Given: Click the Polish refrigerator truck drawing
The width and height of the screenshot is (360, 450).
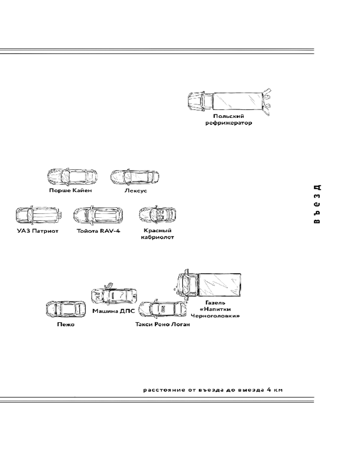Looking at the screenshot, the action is coord(229,101).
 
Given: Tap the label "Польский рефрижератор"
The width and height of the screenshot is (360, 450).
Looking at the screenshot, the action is coord(229,119).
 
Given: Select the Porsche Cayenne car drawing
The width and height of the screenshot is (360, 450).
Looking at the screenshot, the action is coord(72,177).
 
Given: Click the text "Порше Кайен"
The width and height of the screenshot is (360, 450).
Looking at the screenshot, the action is coord(70,190).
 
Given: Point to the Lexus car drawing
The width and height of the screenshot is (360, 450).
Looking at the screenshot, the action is coord(135,177).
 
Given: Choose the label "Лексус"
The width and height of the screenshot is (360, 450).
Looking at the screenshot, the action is coord(136,190).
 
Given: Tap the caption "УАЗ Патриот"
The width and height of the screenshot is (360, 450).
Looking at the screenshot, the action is coord(37,231).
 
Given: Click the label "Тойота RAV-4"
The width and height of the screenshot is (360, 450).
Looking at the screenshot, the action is coord(98,231).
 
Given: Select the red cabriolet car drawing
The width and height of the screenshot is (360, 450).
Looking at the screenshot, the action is coord(157,214).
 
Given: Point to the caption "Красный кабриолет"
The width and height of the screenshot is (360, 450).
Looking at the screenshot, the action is coord(157,234).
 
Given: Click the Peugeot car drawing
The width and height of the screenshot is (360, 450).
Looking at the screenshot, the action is coord(66,309).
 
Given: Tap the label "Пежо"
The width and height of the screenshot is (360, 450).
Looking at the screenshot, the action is coord(66,324).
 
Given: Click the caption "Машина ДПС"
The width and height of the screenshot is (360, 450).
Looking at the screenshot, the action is coord(113,311).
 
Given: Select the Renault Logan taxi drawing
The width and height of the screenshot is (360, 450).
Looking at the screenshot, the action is coord(162,309).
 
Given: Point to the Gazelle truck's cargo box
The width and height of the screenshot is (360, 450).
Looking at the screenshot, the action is coord(220,284).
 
